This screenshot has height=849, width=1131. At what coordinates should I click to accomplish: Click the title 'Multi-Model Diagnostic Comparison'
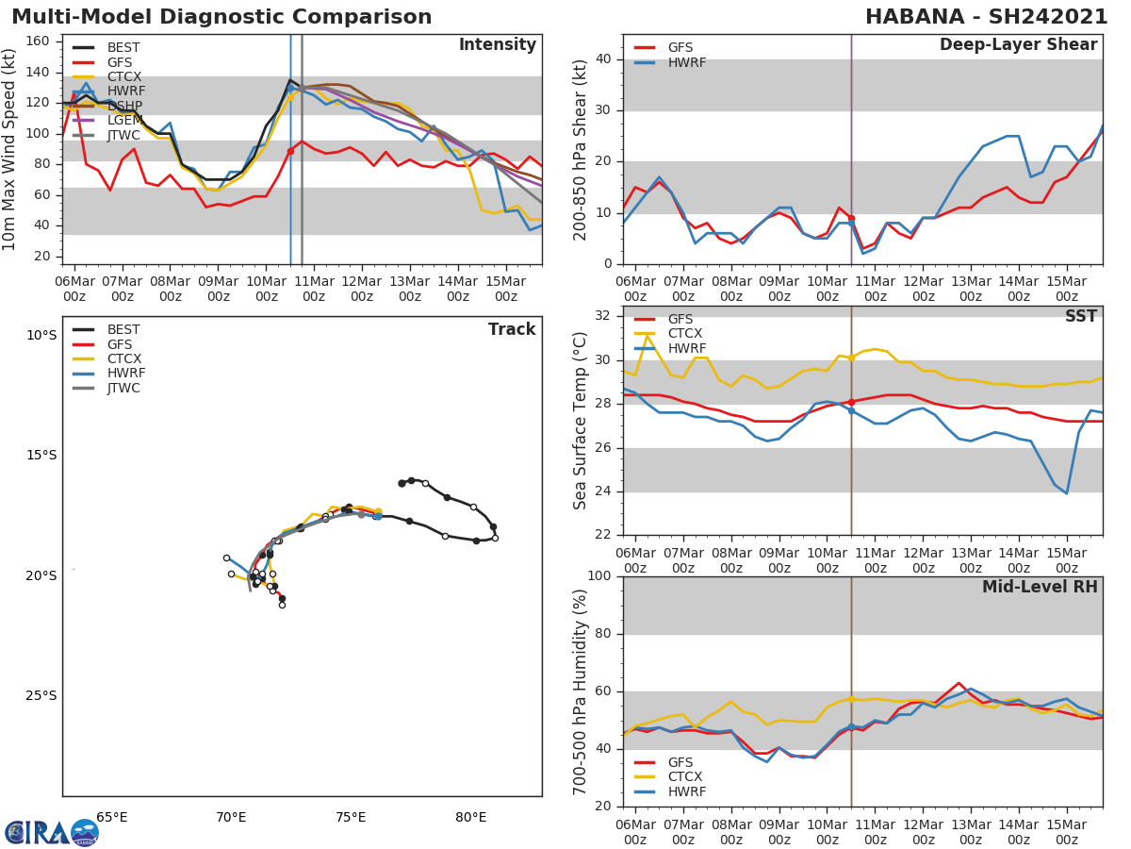click(x=221, y=17)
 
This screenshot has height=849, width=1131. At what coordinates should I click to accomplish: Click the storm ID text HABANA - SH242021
click(x=986, y=17)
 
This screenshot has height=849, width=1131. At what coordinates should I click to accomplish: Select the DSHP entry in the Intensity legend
click(x=123, y=106)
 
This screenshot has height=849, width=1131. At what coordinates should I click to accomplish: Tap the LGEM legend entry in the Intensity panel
click(x=123, y=121)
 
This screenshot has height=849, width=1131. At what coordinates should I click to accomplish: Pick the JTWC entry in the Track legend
click(x=123, y=388)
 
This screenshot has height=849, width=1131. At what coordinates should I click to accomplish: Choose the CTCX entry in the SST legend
click(x=684, y=334)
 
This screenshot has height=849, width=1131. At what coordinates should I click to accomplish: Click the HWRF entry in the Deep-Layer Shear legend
click(x=686, y=62)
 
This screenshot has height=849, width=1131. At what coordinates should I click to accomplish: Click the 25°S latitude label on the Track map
click(x=41, y=696)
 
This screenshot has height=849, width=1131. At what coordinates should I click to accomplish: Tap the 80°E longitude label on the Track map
click(x=470, y=818)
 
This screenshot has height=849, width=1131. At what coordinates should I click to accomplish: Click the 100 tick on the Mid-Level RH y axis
click(x=599, y=576)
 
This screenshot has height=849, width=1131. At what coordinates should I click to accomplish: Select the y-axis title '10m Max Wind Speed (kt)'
click(x=10, y=150)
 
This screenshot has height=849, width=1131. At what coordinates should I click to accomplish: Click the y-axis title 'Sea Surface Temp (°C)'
click(x=581, y=421)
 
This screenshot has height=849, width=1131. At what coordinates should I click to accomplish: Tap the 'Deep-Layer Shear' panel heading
click(x=1018, y=45)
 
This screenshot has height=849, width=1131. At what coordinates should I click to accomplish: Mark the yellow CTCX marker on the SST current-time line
click(x=851, y=358)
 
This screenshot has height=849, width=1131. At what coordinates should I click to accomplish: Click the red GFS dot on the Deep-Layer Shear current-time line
click(x=851, y=218)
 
